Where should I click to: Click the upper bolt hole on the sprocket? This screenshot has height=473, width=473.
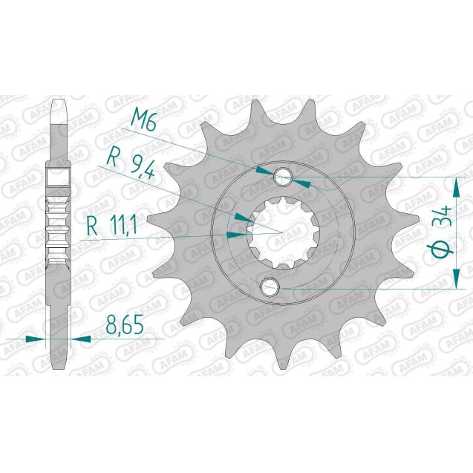283,177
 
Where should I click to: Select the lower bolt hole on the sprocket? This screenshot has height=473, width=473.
269,286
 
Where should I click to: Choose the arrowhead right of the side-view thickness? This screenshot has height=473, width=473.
80,339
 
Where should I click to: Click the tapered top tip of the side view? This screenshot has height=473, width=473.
62,102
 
